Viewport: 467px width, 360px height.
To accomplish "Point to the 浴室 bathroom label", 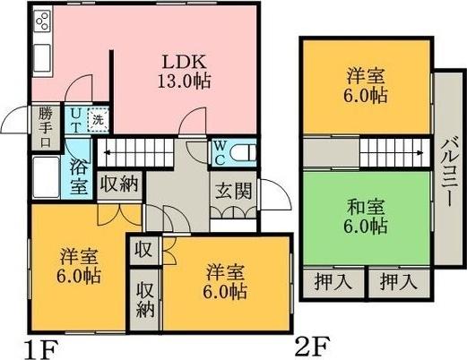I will pyautogui.click(x=79, y=176).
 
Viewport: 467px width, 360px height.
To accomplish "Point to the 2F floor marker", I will pyautogui.click(x=311, y=344).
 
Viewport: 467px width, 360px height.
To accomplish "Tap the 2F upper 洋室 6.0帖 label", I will pyautogui.click(x=367, y=85).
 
